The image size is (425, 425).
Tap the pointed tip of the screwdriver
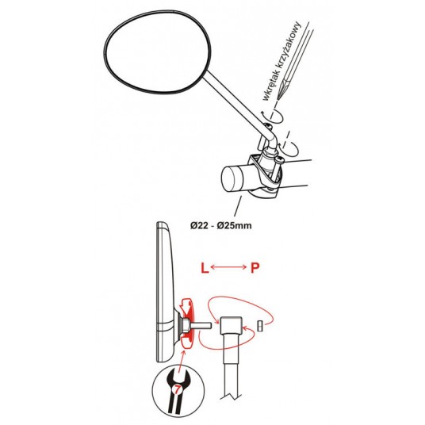(x=278, y=99)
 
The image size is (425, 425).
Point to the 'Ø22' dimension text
(x=200, y=225)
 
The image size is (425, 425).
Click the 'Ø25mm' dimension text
(x=235, y=225)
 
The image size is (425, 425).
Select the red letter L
(x=205, y=268)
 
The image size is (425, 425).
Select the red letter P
(x=255, y=268)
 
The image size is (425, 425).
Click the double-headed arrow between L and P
(x=228, y=267)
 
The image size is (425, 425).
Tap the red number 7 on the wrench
(x=177, y=390)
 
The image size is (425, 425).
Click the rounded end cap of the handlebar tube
(x=232, y=179)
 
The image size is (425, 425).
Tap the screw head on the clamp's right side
(x=280, y=159)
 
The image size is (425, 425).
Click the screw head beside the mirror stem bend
(x=268, y=126)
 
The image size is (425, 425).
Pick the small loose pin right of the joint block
(x=260, y=326)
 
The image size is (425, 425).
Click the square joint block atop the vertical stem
(x=231, y=326)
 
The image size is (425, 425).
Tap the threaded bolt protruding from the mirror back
(x=200, y=324)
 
